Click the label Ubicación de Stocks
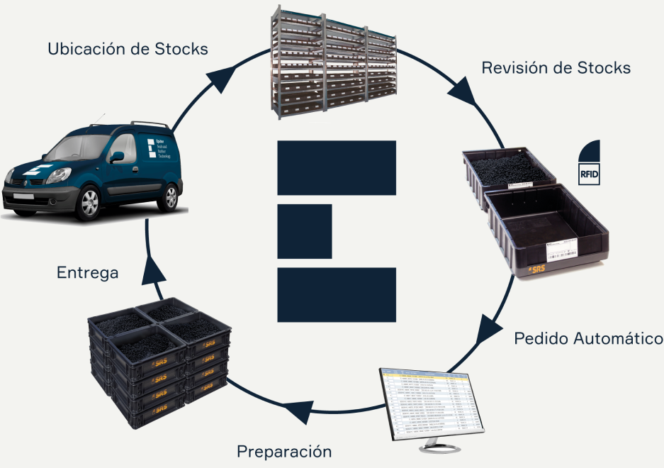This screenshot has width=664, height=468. tap(128, 49)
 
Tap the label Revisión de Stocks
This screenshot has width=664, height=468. tap(556, 68)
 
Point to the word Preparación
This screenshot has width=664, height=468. tap(284, 450)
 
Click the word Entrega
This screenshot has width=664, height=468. tap(87, 272)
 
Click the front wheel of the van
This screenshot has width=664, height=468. tap(90, 204)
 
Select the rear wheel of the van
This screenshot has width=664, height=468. tap(168, 194)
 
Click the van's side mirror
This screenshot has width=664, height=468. tap(117, 156)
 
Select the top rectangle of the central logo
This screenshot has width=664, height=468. tap(336, 167)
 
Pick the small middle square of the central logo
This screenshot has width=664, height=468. tap(305, 231)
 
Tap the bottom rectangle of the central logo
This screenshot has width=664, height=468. tap(336, 295)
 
